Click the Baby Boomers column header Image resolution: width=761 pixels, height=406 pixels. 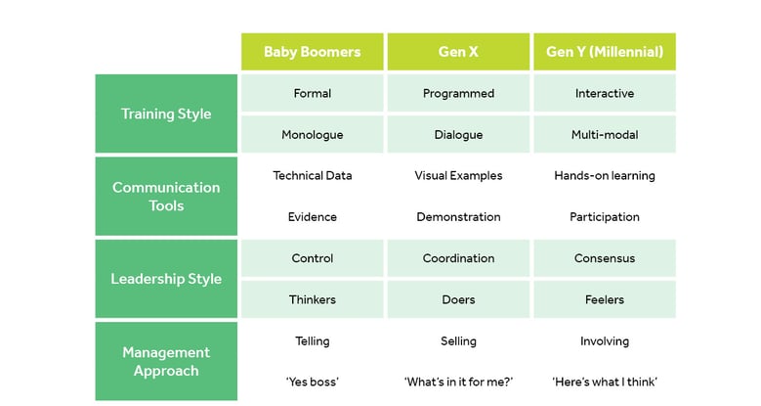click(312, 52)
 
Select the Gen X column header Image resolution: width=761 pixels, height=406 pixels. click(458, 52)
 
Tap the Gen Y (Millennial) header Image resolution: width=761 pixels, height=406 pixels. click(605, 52)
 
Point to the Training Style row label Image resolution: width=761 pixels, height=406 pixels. click(166, 113)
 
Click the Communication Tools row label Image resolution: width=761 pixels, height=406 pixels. click(166, 197)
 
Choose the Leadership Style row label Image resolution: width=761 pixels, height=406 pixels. click(166, 279)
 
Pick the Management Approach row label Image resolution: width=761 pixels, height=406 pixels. click(166, 361)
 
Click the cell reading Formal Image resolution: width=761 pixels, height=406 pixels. click(312, 93)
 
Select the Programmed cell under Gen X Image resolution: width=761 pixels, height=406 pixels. click(458, 93)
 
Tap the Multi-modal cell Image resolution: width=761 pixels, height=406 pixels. click(605, 134)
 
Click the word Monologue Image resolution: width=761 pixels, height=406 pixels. click(312, 135)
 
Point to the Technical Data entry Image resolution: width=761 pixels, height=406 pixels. click(312, 175)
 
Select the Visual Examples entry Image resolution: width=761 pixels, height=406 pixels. click(458, 175)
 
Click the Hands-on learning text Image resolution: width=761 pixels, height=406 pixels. click(605, 175)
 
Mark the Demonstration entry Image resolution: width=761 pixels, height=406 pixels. click(458, 217)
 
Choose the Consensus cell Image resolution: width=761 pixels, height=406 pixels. click(605, 258)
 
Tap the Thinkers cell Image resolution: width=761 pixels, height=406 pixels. click(312, 299)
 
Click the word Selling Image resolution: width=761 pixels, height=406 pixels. click(458, 340)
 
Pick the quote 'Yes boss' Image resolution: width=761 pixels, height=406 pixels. click(312, 382)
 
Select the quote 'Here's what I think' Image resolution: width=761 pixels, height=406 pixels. click(605, 382)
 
